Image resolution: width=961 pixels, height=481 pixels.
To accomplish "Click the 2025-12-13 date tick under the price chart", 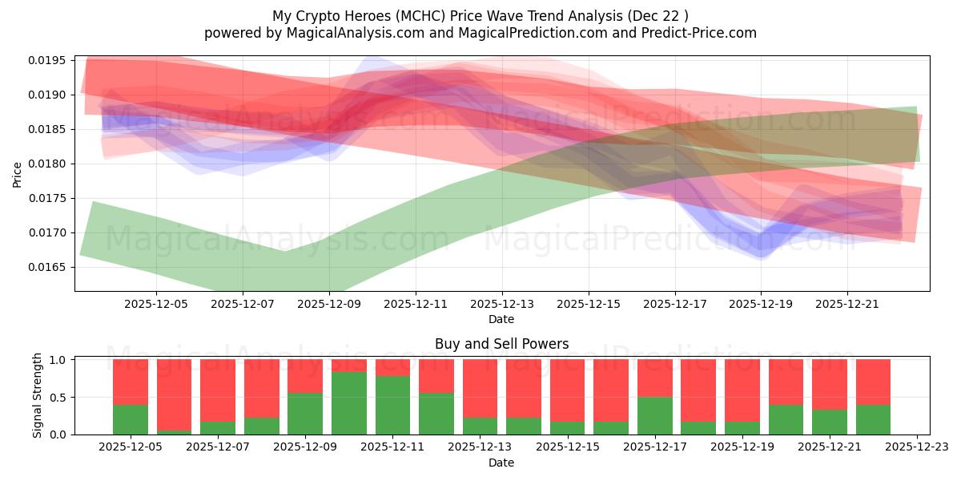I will (501, 305).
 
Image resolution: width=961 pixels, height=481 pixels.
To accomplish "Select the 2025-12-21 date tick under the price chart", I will (847, 305).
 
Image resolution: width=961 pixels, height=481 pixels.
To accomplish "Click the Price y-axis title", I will (18, 173).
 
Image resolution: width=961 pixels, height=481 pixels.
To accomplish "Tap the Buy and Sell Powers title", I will (501, 344).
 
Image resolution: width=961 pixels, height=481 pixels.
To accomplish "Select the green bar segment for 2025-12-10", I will (349, 402).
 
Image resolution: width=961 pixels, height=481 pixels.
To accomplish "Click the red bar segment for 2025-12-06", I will (174, 394).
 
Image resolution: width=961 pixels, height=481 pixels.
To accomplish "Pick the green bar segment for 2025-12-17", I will (654, 415).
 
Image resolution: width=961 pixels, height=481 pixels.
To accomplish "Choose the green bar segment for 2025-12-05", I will (131, 419).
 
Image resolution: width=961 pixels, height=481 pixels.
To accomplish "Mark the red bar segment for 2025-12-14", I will (523, 388).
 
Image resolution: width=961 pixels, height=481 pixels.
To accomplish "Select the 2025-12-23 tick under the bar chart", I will (916, 447).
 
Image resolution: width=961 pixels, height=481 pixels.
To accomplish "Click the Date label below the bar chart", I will (501, 463).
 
